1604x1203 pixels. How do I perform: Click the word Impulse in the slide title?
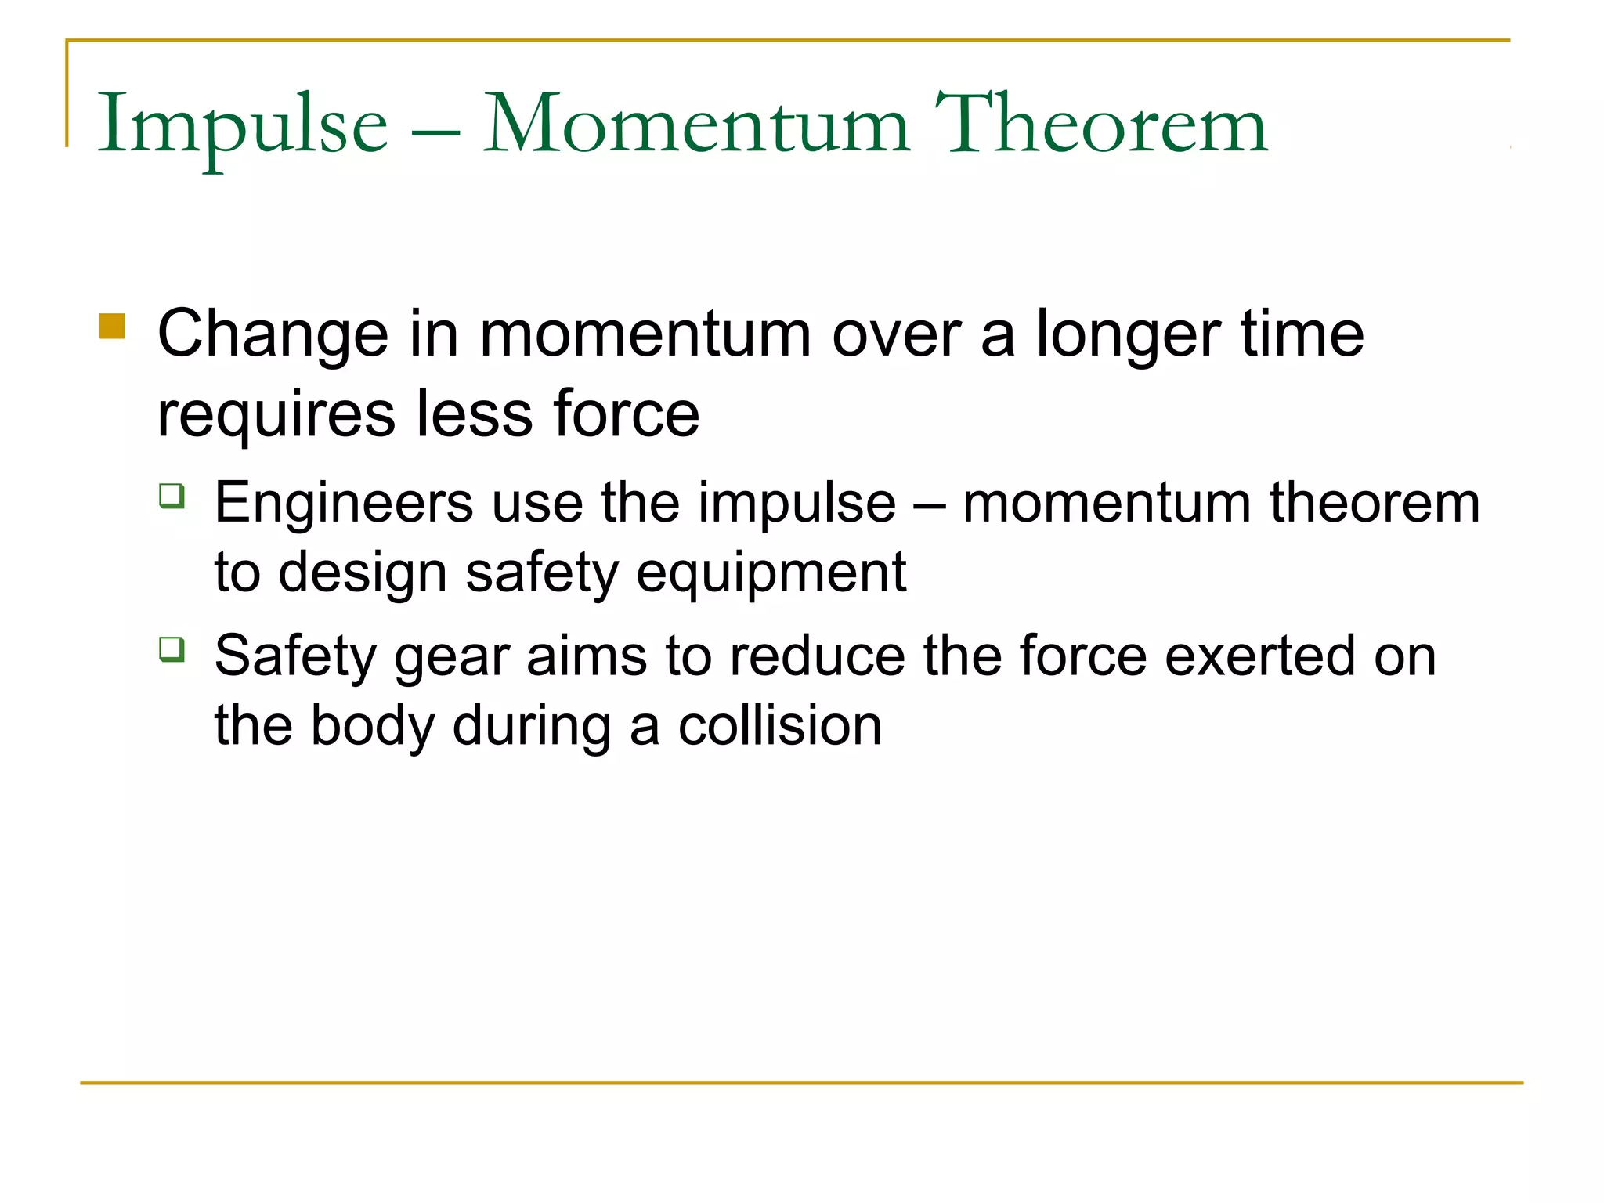tap(242, 125)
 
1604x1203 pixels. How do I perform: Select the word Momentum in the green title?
tap(696, 125)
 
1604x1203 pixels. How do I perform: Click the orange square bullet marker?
tap(112, 326)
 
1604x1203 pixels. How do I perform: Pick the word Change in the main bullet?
tap(273, 335)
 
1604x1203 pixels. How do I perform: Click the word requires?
tap(276, 415)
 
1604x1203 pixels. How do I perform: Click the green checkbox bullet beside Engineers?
tap(172, 497)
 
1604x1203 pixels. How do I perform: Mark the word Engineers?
tap(344, 503)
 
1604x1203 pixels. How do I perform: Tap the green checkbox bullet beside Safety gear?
tap(172, 649)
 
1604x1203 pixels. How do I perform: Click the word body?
tap(372, 726)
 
